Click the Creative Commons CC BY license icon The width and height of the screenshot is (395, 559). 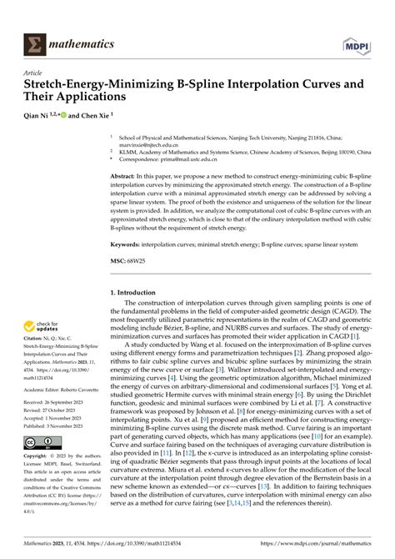42,441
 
